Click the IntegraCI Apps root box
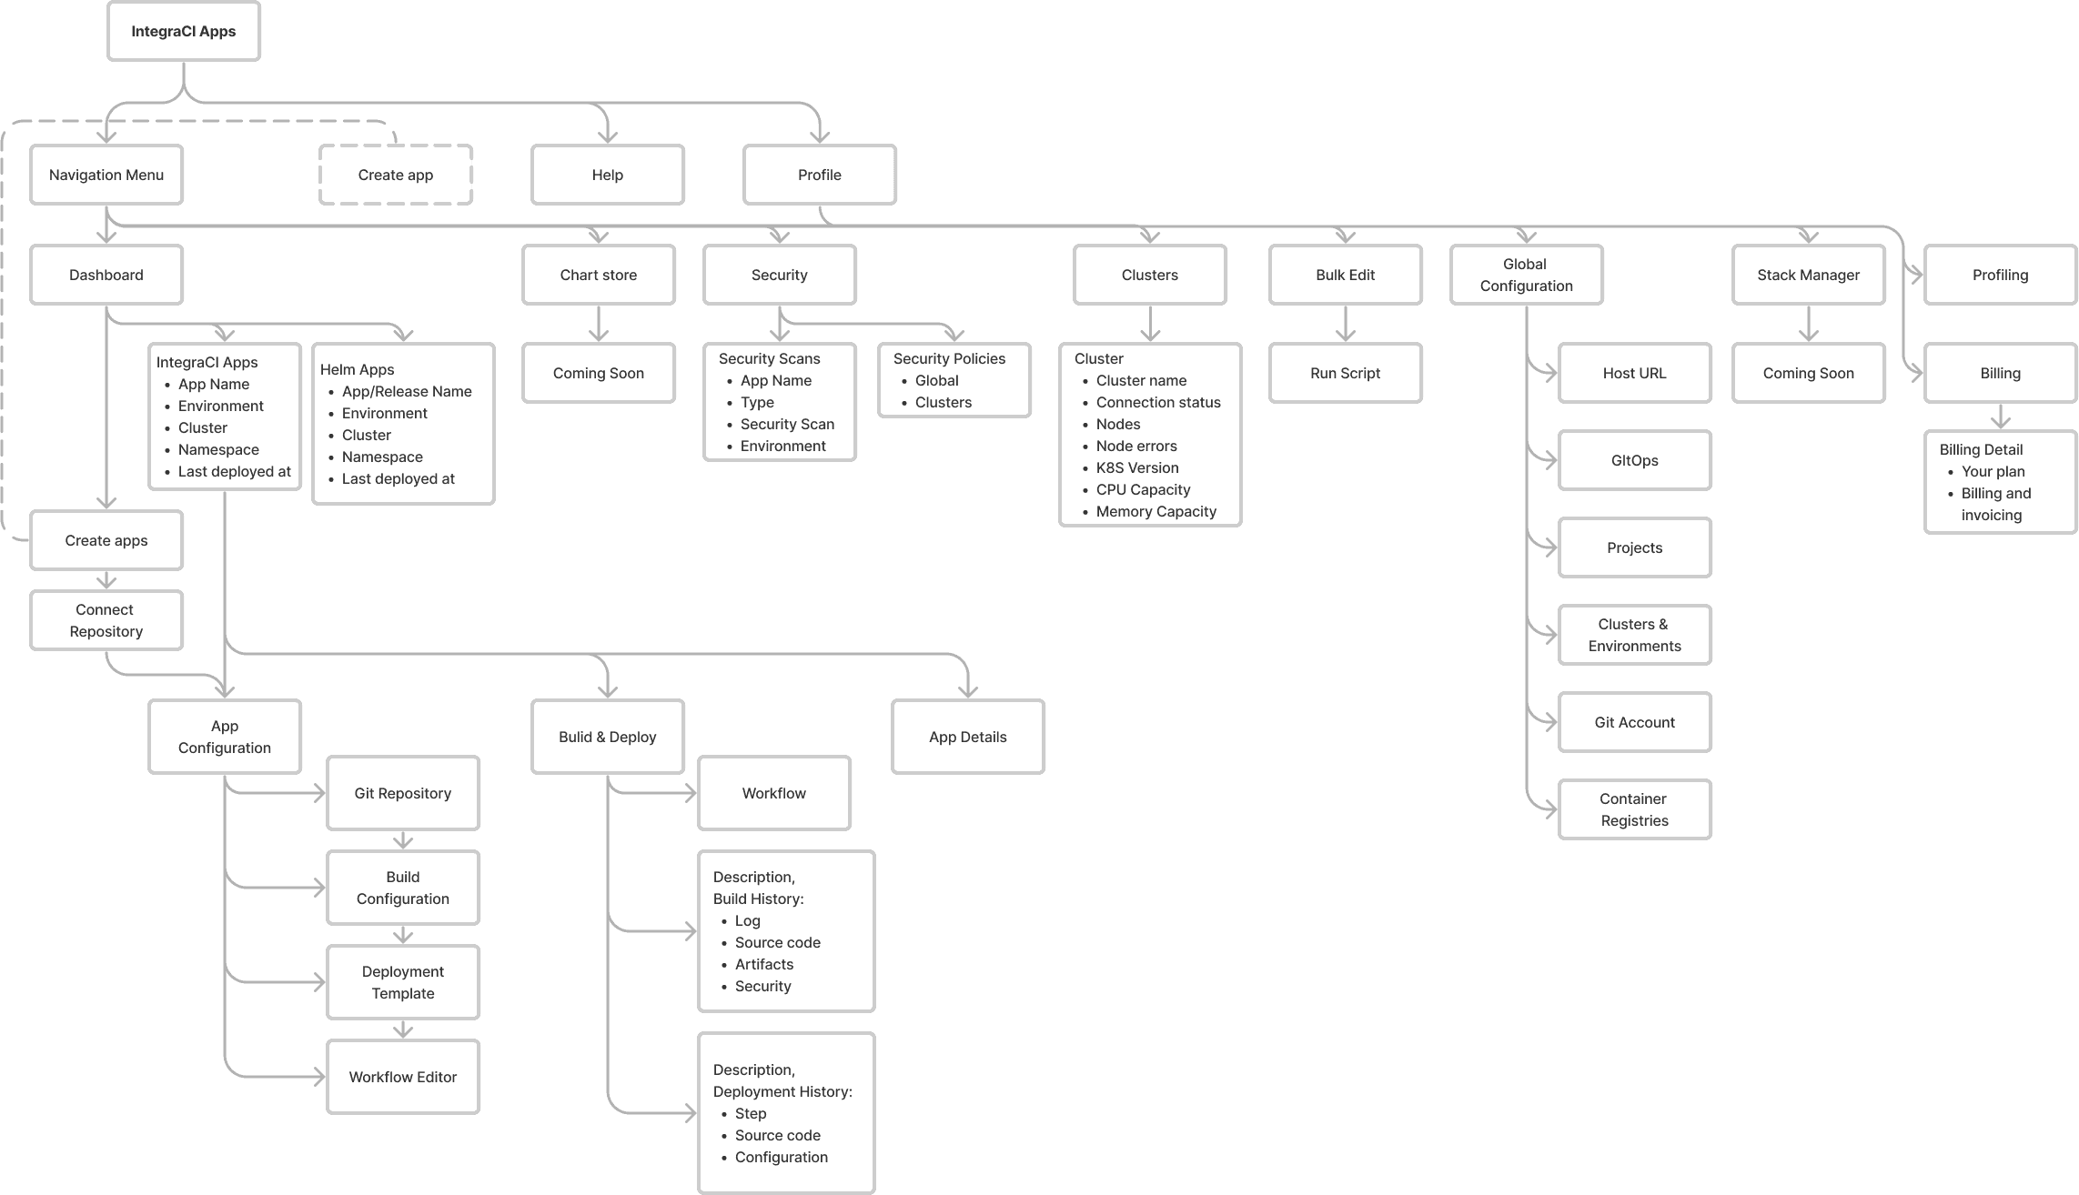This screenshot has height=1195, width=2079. tap(184, 31)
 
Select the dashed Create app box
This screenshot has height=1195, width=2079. tap(396, 175)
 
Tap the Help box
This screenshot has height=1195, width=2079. tap(608, 175)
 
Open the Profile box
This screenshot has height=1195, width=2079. tap(820, 175)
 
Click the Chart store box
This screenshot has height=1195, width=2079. tap(599, 275)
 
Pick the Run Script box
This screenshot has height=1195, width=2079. tap(1346, 373)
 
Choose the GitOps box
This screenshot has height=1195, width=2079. tap(1635, 460)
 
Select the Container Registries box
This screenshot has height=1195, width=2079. tap(1635, 809)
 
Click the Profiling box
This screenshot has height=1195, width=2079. tap(2001, 275)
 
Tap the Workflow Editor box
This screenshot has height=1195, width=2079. tap(403, 1077)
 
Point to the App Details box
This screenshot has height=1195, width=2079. tap(968, 737)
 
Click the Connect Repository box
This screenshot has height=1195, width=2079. tap(106, 620)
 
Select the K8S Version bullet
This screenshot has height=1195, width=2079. tap(1137, 467)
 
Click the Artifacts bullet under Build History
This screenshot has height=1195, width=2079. tap(764, 964)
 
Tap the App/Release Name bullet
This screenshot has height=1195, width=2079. tap(407, 391)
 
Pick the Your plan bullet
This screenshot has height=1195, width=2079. tap(1993, 471)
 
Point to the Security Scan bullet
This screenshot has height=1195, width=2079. tap(787, 424)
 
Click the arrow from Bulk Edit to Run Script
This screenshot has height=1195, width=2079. tap(1346, 324)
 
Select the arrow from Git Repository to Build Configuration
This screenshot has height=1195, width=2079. tap(403, 840)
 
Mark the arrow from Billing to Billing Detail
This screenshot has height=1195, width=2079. tap(2001, 417)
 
